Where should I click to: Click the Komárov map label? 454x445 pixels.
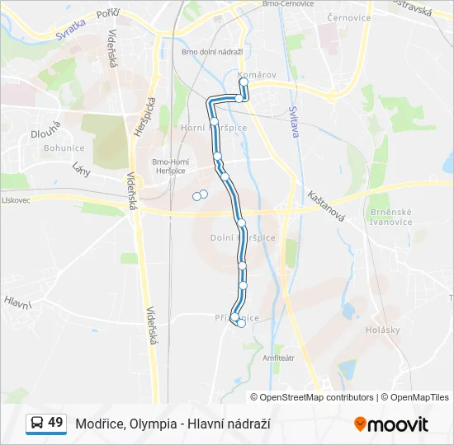point(256,75)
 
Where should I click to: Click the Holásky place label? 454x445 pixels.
point(381,330)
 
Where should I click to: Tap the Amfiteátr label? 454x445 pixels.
point(277,358)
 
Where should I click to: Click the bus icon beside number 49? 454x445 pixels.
point(36,424)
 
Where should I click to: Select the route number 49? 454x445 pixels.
point(55,423)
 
